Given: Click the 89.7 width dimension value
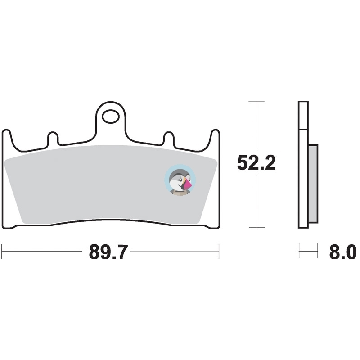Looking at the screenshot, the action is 108,252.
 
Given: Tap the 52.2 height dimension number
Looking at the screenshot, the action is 256,163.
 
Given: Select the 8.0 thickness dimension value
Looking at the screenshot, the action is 343,252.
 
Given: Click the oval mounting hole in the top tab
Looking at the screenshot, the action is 111,117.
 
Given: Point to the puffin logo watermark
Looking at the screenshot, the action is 180,180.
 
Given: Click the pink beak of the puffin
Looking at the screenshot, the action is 188,183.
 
